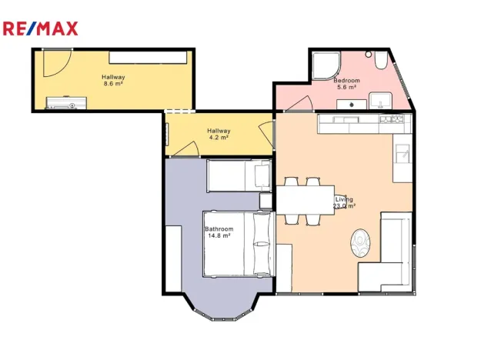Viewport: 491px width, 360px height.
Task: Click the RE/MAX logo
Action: coord(41,29)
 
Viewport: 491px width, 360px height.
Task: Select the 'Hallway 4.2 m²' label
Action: coord(219,135)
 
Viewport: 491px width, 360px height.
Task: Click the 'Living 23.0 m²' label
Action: coord(344,202)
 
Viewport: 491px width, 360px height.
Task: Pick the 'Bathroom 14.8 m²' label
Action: coord(219,232)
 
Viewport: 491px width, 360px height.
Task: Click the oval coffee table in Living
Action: coord(360,243)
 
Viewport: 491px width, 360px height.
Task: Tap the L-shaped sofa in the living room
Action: coord(392,254)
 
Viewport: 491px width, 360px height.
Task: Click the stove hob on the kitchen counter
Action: coord(392,119)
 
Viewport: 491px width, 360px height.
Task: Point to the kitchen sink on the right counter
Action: coord(402,154)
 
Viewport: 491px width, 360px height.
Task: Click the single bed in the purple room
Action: coord(239,175)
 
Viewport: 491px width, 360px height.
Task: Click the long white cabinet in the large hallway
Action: coord(147,57)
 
